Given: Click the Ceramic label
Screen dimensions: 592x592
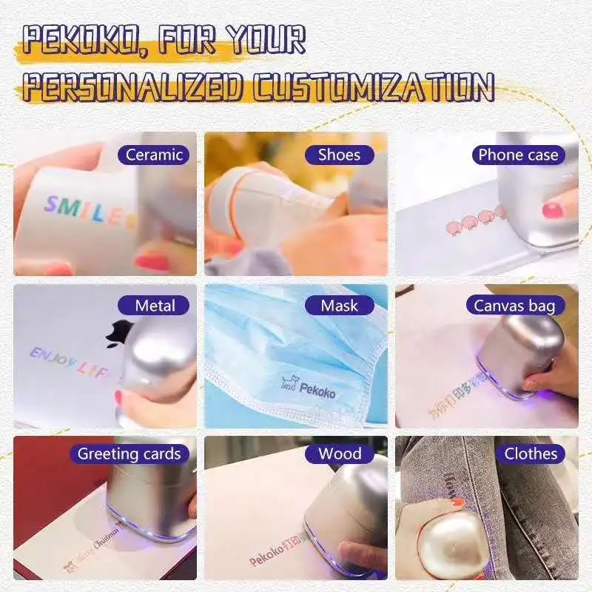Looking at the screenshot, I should pos(154,155).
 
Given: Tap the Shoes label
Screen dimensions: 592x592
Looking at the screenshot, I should pos(339,155).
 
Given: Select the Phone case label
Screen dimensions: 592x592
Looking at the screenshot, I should pos(518,155).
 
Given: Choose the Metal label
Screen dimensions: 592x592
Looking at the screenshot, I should pos(155,305).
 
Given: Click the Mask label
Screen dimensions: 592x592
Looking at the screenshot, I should pos(340,305).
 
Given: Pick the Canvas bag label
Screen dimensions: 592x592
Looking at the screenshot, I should pos(514,305).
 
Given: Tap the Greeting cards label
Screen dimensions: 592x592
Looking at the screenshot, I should pos(129,454).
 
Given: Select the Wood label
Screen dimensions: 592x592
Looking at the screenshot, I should pos(340,454).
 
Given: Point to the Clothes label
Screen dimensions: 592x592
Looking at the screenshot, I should pos(530,454).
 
